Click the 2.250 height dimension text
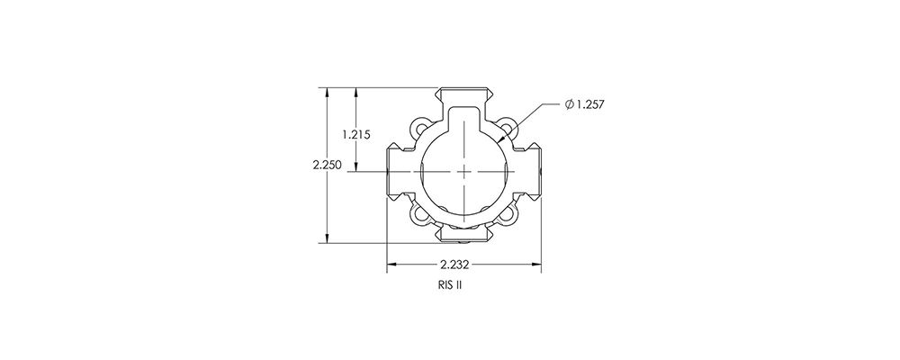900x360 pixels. (326, 165)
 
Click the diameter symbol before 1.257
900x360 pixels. (570, 105)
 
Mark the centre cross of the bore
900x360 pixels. (463, 169)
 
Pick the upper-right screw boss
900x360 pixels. (508, 128)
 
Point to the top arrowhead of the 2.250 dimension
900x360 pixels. (326, 92)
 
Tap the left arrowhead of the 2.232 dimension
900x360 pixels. (391, 265)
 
